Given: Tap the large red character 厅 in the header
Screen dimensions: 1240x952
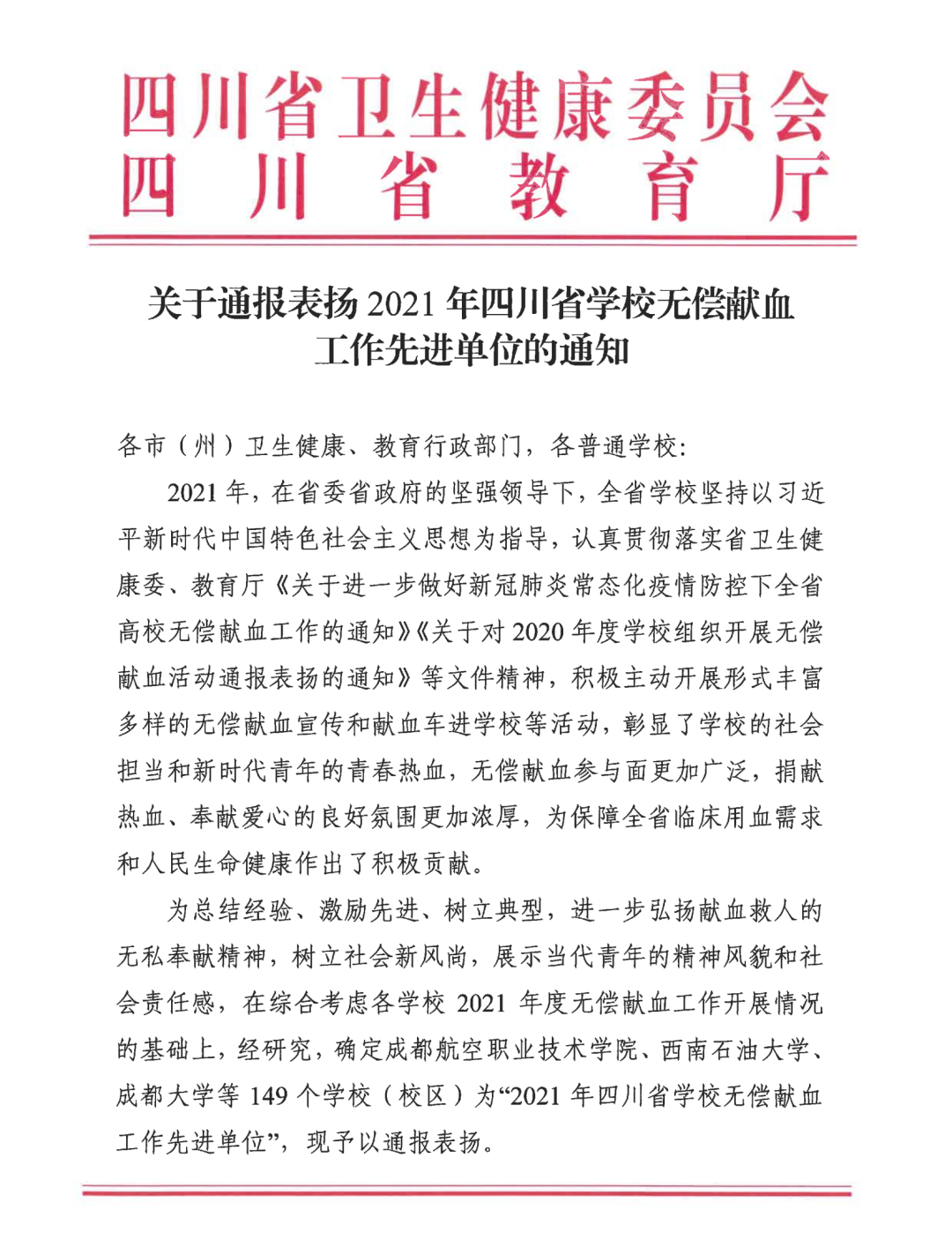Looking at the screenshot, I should tap(797, 187).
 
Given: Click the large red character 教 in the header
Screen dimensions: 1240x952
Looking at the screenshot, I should tap(538, 187).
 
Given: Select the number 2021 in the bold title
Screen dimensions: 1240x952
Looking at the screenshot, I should tap(401, 304).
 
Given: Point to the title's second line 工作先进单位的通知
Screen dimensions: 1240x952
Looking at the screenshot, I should tap(472, 351).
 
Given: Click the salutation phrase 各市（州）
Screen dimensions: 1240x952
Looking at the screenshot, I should tap(176, 446).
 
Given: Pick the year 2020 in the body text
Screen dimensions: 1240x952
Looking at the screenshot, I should tap(537, 631).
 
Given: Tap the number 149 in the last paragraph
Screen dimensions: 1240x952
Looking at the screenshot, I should tap(269, 1096).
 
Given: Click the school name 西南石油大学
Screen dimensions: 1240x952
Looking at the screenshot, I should tap(735, 1050).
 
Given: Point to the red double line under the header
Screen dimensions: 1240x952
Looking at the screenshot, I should tap(472, 239).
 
